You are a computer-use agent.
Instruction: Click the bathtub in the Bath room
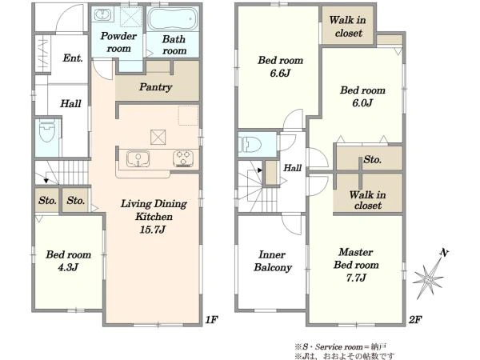[173, 18]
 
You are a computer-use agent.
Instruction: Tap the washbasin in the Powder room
[102, 14]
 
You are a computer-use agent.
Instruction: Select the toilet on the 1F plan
[46, 132]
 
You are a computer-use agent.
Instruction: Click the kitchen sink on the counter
[138, 159]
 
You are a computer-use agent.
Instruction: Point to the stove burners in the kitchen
[183, 158]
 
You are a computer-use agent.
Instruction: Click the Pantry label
[155, 87]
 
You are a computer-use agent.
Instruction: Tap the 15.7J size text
[152, 230]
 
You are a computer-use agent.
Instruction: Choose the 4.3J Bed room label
[68, 261]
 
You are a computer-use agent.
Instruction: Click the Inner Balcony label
[273, 261]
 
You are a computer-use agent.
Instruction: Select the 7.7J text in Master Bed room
[356, 278]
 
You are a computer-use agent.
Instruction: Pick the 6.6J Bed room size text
[280, 74]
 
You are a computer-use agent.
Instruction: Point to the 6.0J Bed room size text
[362, 103]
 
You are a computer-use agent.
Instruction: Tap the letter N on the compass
[444, 253]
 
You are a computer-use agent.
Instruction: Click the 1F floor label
[211, 320]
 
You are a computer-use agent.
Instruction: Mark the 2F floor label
[415, 320]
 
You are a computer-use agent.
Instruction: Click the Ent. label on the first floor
[73, 58]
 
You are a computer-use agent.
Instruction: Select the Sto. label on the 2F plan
[373, 159]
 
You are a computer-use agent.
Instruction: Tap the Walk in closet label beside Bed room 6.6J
[348, 26]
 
